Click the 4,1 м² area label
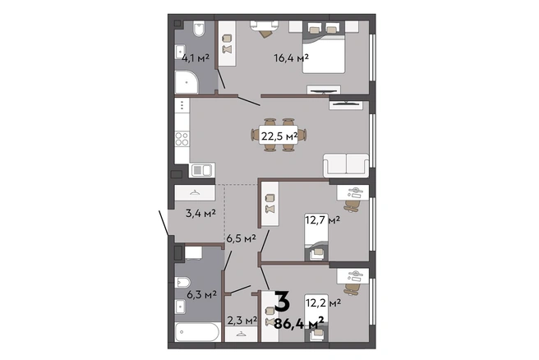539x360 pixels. tap(196, 58)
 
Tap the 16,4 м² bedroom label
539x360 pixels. tap(291, 58)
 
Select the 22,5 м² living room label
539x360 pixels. tap(279, 136)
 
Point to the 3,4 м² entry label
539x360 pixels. tap(200, 213)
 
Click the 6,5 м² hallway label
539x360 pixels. tap(241, 238)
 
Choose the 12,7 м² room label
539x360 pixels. tap(322, 219)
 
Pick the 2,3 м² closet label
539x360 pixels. tap(242, 320)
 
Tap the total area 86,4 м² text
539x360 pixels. tap(299, 323)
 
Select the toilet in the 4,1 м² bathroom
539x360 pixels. tap(199, 29)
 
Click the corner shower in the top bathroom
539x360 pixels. tap(187, 82)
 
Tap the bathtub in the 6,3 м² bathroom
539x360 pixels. tap(197, 332)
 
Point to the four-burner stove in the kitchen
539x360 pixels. tap(182, 139)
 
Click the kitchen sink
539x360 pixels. tap(202, 170)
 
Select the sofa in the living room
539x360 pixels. tap(346, 165)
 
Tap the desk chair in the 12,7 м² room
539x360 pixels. tap(352, 205)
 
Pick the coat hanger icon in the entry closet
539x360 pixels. tap(195, 193)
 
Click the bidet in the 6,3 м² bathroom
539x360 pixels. tap(182, 283)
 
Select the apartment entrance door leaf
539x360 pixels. tap(164, 223)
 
